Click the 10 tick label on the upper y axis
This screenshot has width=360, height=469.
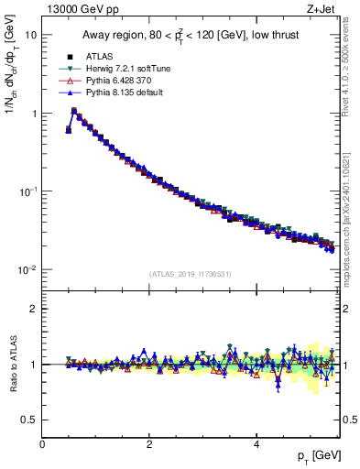[x=30, y=35]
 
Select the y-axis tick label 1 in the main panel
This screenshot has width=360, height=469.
[x=33, y=114]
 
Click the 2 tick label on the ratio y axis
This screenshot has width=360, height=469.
[x=33, y=309]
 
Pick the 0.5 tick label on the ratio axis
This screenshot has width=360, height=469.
[x=28, y=420]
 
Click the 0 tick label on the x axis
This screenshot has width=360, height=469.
[x=42, y=444]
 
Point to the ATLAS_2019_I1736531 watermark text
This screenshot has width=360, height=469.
[x=191, y=274]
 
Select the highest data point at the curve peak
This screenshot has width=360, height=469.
[x=74, y=111]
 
